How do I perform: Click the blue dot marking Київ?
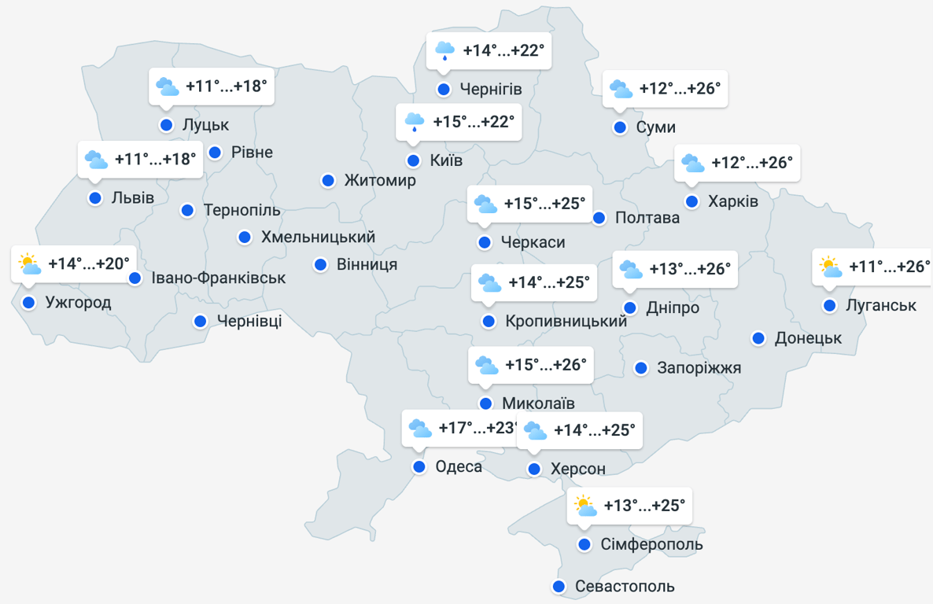coord(414,161)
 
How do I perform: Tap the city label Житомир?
coord(380,181)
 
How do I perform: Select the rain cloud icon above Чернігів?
coord(444,51)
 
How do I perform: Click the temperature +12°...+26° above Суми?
coord(680,89)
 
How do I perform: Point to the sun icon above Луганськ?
coord(830,267)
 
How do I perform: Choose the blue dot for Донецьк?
coord(758,338)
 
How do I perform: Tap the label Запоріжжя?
coord(699,368)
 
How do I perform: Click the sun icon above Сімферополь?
coord(585,506)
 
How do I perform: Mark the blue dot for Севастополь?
coord(559,587)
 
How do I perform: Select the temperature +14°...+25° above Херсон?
coord(594,431)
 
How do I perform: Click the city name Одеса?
coord(459,467)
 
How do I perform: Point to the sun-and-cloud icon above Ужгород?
coord(29,264)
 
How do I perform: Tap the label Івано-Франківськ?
coord(219,278)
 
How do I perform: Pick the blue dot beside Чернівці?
coord(201,321)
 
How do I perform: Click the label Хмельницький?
coord(318,237)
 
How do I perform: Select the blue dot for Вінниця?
coord(321,264)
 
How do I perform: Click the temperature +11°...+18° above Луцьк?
coord(227,87)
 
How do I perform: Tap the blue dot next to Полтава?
coord(599,218)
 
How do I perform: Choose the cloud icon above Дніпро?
coord(630,270)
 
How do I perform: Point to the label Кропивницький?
coord(566,322)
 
